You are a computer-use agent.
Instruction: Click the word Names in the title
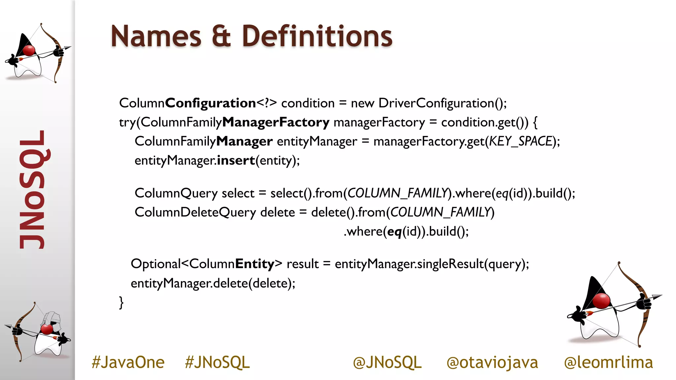point(156,36)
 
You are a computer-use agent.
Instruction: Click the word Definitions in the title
point(317,36)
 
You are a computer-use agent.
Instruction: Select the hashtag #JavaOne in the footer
point(128,362)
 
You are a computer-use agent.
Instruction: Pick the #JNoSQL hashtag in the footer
point(217,362)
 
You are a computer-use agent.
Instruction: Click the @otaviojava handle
point(492,362)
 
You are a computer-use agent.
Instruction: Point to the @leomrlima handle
point(608,362)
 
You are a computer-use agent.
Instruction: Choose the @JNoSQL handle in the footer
point(387,362)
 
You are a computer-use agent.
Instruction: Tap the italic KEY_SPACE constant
point(521,141)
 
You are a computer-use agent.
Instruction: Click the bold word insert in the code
point(236,160)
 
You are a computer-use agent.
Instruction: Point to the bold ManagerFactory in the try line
point(276,122)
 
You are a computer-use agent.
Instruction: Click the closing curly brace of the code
point(121,302)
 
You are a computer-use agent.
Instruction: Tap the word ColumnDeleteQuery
point(195,212)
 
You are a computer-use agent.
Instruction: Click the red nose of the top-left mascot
point(29,50)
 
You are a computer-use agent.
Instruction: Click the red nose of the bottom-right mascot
point(601,301)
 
